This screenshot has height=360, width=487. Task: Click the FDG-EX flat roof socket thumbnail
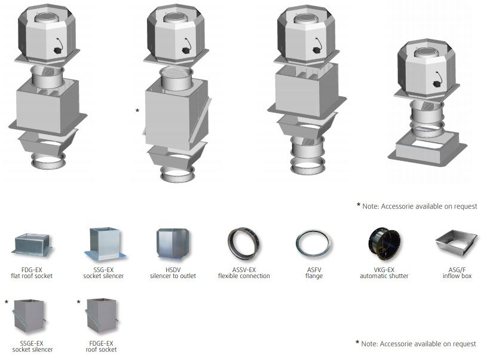click(x=32, y=245)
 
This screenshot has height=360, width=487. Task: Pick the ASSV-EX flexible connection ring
click(x=244, y=244)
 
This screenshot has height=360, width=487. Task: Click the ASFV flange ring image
click(x=314, y=244)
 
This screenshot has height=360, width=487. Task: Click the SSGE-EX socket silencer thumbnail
click(x=29, y=316)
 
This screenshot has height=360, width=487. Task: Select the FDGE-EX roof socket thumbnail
click(x=102, y=316)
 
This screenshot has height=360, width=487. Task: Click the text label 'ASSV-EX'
click(x=244, y=270)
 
